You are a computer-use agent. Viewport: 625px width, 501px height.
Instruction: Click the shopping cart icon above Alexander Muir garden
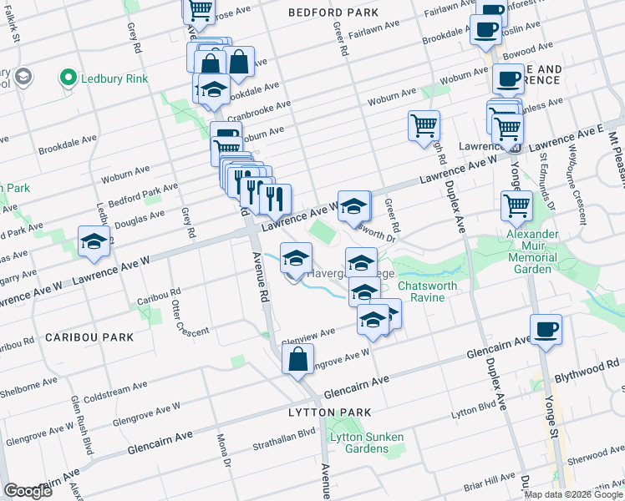click(517, 205)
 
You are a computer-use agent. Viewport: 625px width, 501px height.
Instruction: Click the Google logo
click(28, 491)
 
